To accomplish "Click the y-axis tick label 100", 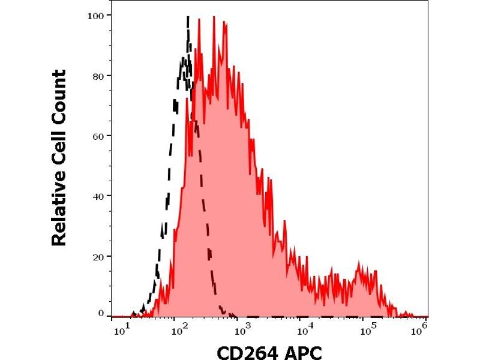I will (x=95, y=15).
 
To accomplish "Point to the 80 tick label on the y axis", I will (x=98, y=76).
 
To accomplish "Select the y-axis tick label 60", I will (x=98, y=136).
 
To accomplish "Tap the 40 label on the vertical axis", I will (x=98, y=196).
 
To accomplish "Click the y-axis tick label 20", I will (x=98, y=256).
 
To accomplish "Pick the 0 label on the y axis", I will (x=101, y=313).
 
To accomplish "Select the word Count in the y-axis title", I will (x=59, y=94).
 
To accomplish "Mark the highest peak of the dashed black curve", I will (x=188, y=17).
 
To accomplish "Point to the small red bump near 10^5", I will (x=359, y=264).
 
